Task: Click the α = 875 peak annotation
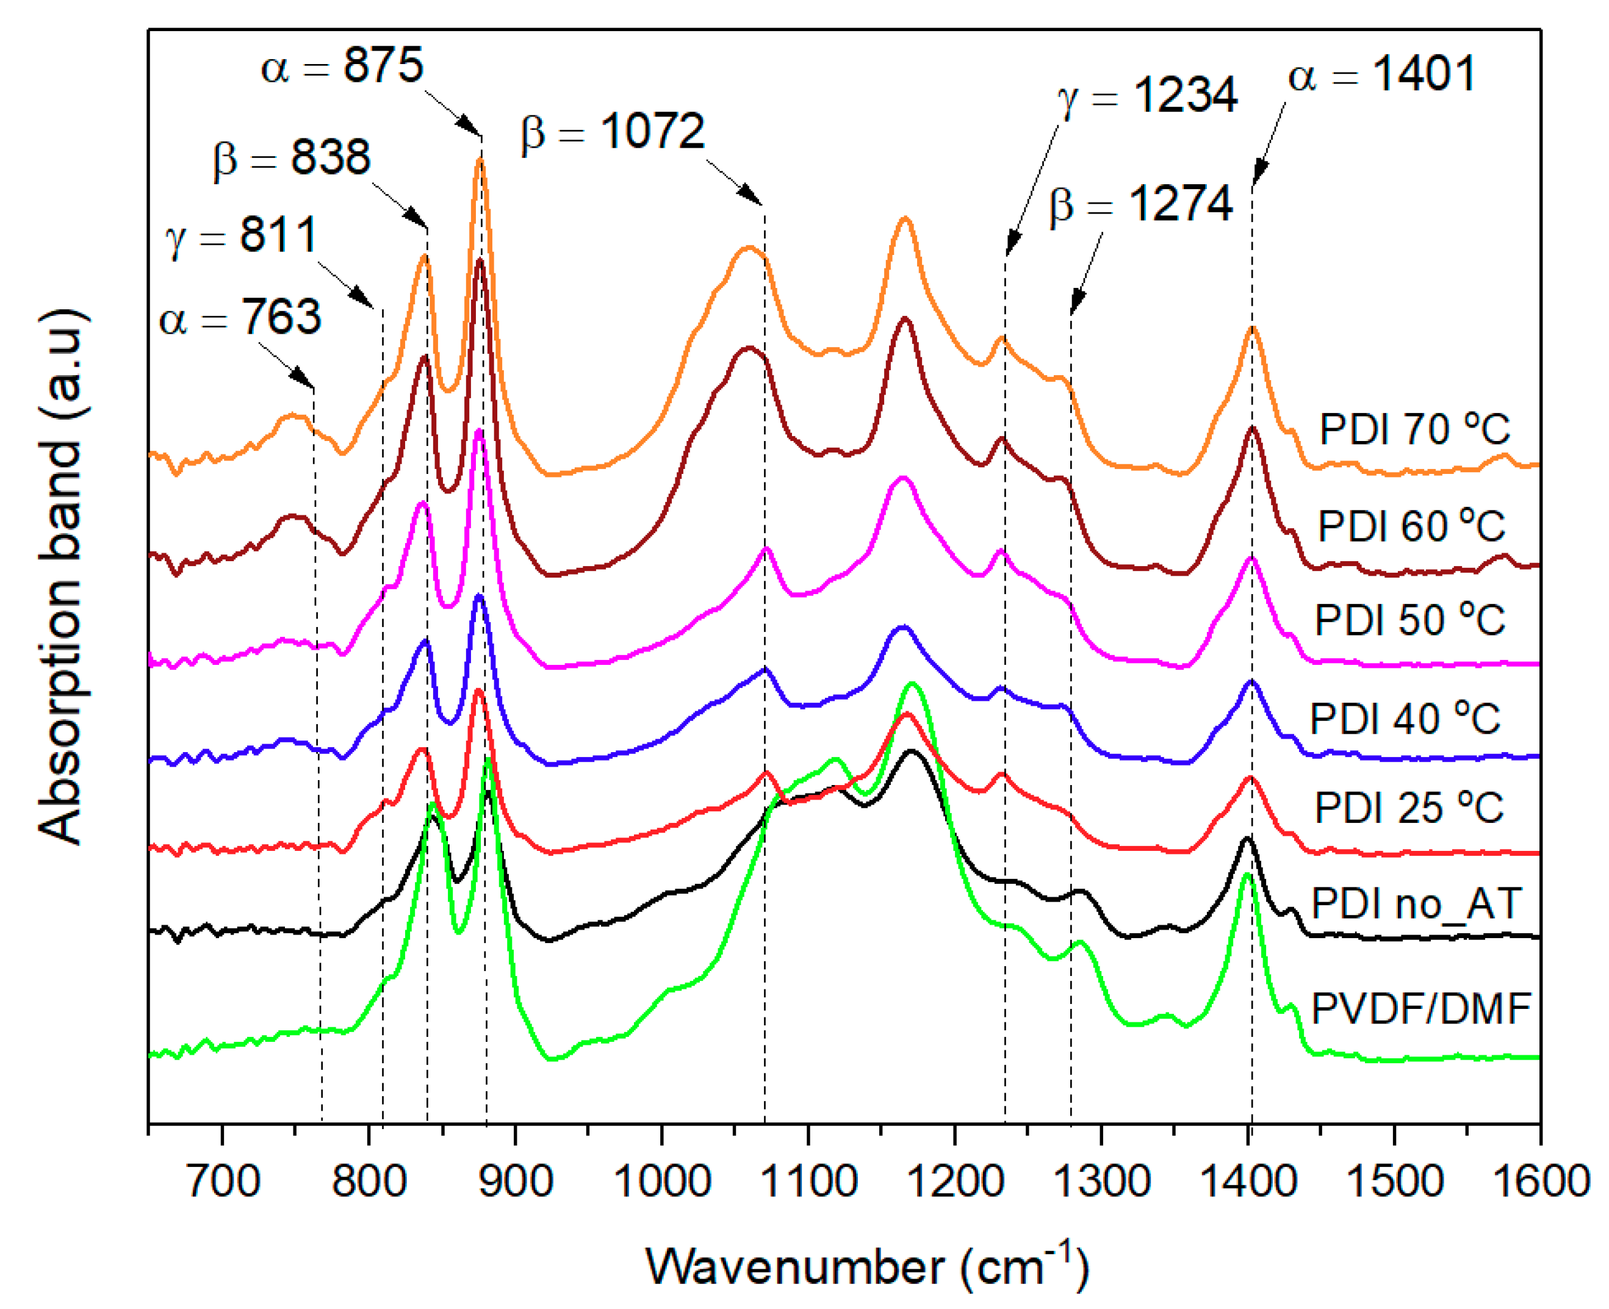coord(342,66)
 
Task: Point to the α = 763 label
coord(240,317)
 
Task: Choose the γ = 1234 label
coord(1146,96)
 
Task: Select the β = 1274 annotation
coord(1140,204)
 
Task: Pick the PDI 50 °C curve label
coord(1409,620)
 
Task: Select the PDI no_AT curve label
coord(1416,903)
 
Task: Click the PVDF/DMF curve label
coord(1420,1008)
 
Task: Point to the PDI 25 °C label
coord(1408,808)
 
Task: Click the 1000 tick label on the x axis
coord(661,1181)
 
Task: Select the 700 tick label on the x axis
coord(223,1181)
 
